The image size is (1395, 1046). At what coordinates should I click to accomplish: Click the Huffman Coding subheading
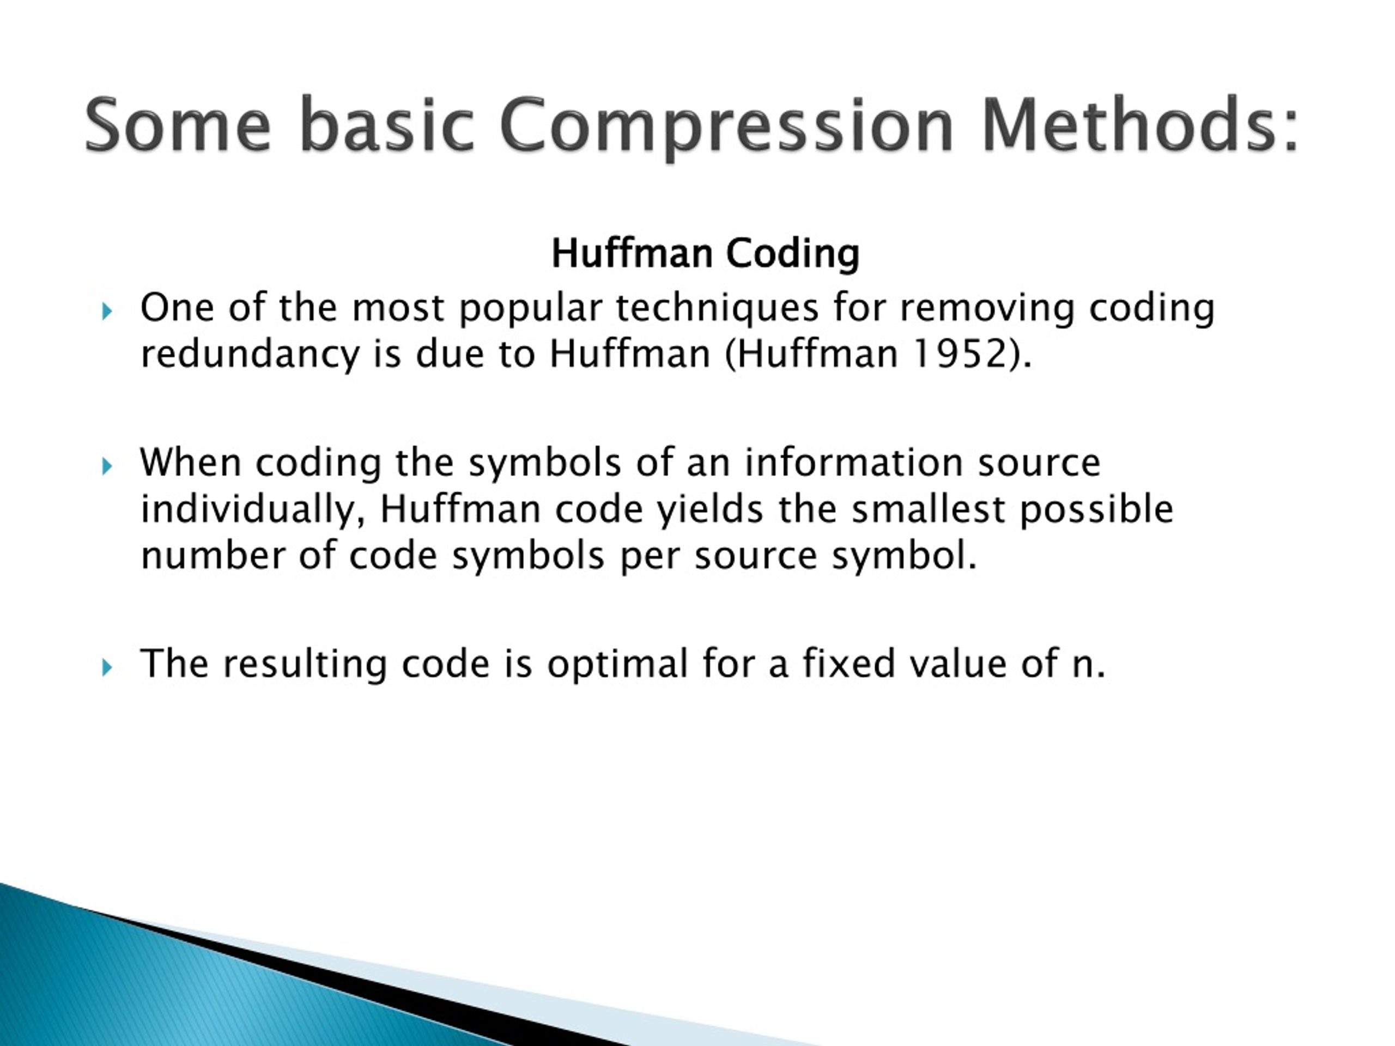[x=705, y=253]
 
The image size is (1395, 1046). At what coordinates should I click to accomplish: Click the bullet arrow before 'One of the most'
[x=107, y=311]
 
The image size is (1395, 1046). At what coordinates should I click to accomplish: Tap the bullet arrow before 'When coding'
[x=107, y=466]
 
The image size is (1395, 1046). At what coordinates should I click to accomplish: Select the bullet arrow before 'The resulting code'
[x=107, y=667]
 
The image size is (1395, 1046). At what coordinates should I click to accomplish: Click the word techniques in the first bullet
[x=717, y=308]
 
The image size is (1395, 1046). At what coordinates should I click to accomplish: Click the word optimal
[x=617, y=665]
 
